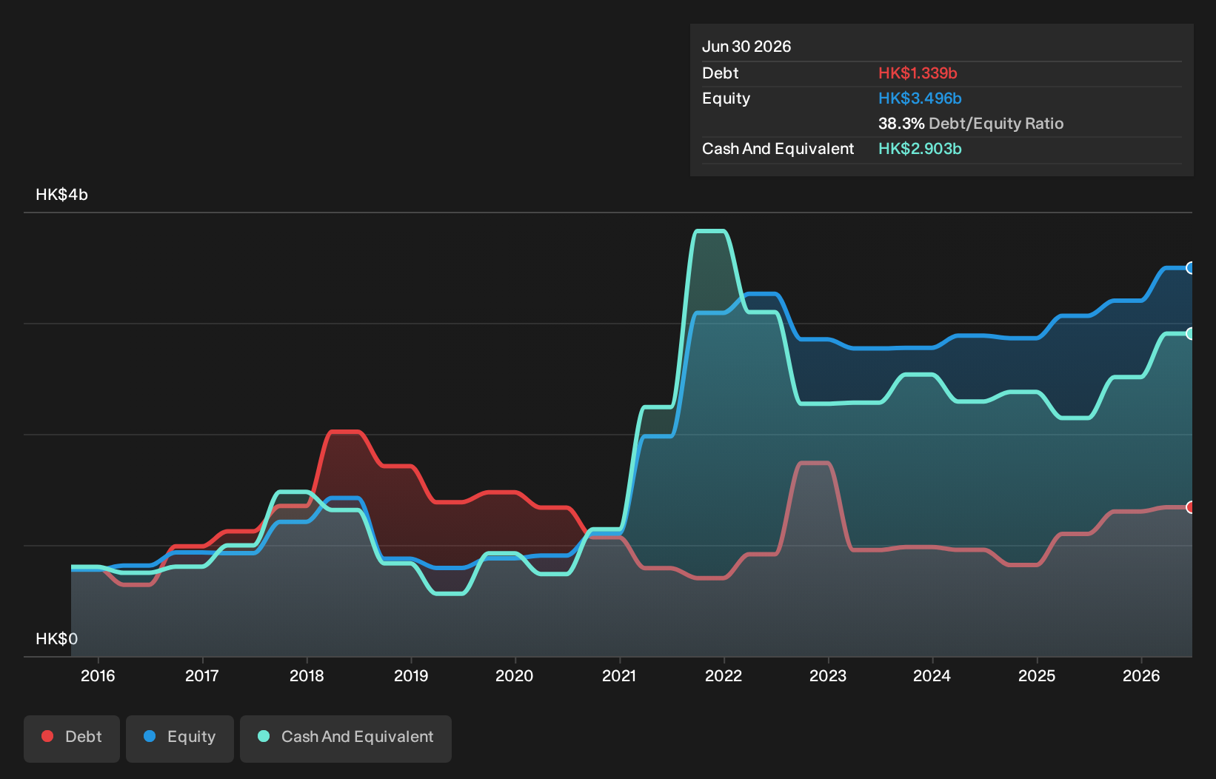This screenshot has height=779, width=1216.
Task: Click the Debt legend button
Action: click(x=72, y=738)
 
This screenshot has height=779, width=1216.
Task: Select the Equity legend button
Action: click(x=180, y=738)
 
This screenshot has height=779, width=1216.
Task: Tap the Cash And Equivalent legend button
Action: click(x=346, y=738)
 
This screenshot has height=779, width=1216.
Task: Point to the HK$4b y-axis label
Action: click(x=62, y=194)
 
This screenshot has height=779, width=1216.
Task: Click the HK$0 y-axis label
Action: click(x=56, y=638)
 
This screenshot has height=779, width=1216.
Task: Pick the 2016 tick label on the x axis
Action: click(x=98, y=676)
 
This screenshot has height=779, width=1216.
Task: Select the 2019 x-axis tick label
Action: click(x=411, y=676)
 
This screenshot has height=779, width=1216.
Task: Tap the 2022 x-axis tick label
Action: click(x=724, y=676)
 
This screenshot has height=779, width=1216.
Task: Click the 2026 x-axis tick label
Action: click(x=1141, y=676)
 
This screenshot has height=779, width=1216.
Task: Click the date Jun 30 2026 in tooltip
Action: click(x=746, y=47)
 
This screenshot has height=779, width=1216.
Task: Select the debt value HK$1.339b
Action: click(x=918, y=73)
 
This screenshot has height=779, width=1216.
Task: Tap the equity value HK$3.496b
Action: click(x=920, y=98)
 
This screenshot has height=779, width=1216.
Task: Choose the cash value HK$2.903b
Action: click(x=920, y=149)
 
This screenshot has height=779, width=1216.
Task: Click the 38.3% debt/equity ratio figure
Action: click(x=901, y=124)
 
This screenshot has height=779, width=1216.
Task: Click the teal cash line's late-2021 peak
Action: click(x=711, y=232)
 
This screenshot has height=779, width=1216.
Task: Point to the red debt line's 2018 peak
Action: click(x=345, y=432)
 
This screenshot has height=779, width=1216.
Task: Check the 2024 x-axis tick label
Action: click(x=932, y=676)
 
